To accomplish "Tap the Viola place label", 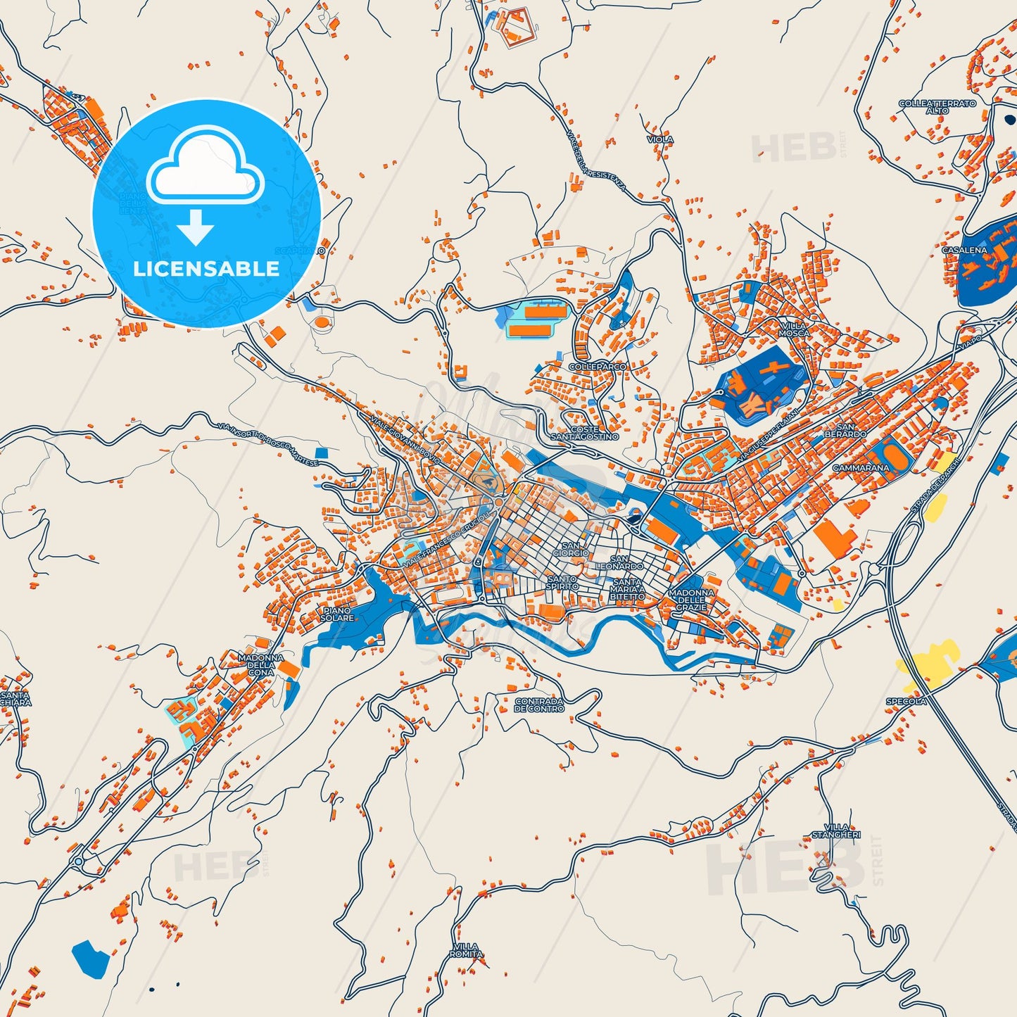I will [x=660, y=139].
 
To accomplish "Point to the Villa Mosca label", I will [x=794, y=329].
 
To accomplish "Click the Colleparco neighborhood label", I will [x=597, y=367].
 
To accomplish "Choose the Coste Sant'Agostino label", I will [x=584, y=433].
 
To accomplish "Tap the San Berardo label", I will [x=845, y=430].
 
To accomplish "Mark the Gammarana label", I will [x=861, y=467].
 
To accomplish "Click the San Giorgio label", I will [x=571, y=549].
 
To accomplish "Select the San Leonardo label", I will [x=619, y=562].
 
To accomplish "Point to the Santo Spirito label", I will [x=562, y=583].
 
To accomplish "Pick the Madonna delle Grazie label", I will [x=691, y=600].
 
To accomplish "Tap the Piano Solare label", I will [x=337, y=614].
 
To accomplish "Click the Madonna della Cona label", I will [x=260, y=664].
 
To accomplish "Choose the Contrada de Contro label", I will [x=539, y=705].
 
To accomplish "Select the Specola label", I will [x=905, y=701].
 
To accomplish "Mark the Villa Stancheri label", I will [x=836, y=830].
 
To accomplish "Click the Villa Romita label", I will [x=466, y=950].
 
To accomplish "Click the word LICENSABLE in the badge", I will [x=206, y=268].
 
